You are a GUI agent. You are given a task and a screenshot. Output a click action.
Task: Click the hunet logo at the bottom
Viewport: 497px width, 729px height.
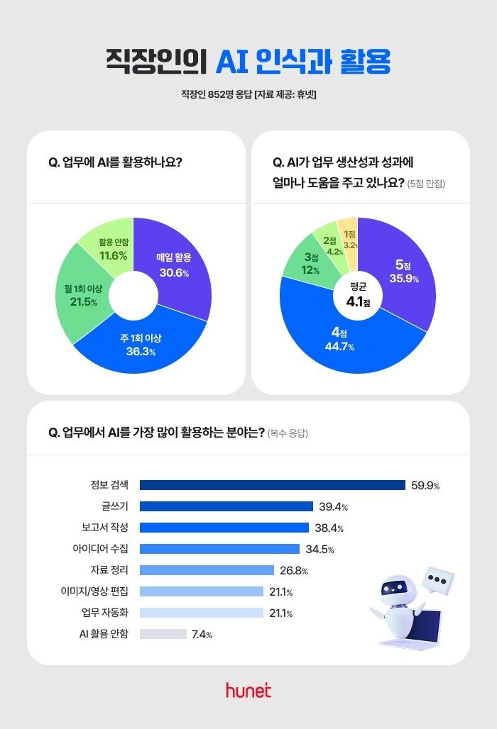coord(248,690)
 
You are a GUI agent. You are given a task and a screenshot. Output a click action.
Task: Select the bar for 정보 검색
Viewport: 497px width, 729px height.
coord(272,485)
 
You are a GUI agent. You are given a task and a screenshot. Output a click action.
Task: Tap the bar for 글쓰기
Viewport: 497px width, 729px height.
coord(226,506)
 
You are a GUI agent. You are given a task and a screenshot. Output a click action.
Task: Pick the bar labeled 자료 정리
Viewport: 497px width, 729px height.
coord(207,570)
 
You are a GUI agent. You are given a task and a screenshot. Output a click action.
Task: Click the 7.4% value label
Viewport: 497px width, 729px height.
coord(202,634)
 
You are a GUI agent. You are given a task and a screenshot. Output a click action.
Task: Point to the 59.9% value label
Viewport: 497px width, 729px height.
coord(425,485)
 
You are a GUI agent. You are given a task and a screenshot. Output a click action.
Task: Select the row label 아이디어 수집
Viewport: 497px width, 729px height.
coord(100,549)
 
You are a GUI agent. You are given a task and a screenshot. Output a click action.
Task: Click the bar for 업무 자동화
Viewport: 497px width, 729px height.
coord(202,613)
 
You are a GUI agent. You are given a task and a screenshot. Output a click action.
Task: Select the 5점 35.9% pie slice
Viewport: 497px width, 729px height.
coord(403,272)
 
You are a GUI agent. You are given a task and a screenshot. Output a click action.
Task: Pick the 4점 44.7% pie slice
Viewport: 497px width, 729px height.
coord(339,340)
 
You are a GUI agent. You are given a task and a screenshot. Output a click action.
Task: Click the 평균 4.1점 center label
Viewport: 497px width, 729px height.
coord(358,296)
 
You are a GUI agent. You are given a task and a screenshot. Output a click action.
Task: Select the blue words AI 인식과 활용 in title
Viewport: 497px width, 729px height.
coord(303,61)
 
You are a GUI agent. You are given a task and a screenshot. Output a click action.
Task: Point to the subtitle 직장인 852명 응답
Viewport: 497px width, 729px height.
coord(217,95)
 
